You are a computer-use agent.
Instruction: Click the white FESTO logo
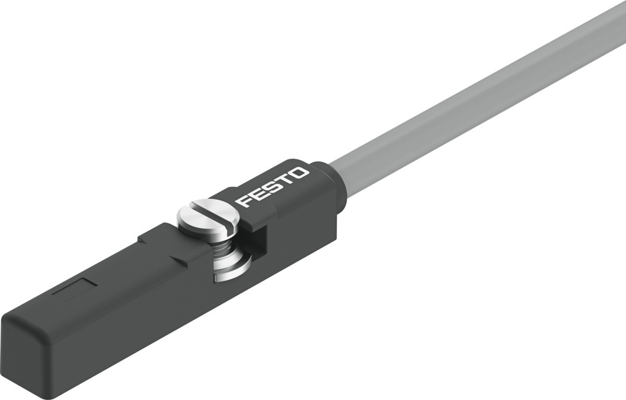click(273, 187)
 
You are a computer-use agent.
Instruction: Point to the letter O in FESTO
click(301, 173)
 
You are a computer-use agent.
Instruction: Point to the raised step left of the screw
click(157, 237)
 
